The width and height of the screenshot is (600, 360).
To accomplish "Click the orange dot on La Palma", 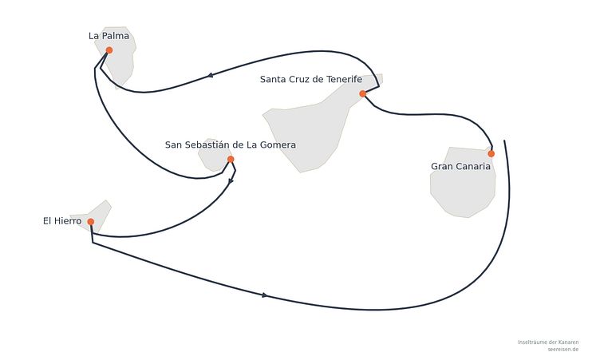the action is click(x=109, y=50).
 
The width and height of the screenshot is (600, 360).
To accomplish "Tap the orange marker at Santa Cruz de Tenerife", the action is click(x=363, y=94).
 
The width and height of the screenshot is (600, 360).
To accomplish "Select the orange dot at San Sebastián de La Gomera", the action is click(x=231, y=160).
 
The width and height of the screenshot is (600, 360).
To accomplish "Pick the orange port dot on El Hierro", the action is click(x=91, y=222).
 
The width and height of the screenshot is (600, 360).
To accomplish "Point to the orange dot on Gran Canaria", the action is click(x=491, y=154).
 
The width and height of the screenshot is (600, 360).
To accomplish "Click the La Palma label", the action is click(x=109, y=36).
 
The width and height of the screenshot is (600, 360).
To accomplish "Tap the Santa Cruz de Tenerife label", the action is click(x=311, y=79).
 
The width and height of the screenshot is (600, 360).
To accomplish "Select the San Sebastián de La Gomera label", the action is click(x=231, y=144).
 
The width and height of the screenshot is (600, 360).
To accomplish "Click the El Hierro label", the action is click(x=62, y=221).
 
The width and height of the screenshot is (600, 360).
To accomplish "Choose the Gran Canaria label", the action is click(x=460, y=166).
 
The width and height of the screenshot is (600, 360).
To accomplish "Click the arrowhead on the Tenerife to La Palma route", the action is click(x=210, y=75).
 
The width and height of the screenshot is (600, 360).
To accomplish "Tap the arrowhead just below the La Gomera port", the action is click(x=231, y=181).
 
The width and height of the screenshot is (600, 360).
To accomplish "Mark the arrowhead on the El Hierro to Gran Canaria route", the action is click(x=264, y=295).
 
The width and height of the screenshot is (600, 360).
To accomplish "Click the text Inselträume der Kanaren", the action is click(x=548, y=342).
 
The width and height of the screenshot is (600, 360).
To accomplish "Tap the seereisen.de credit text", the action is click(x=562, y=350).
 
